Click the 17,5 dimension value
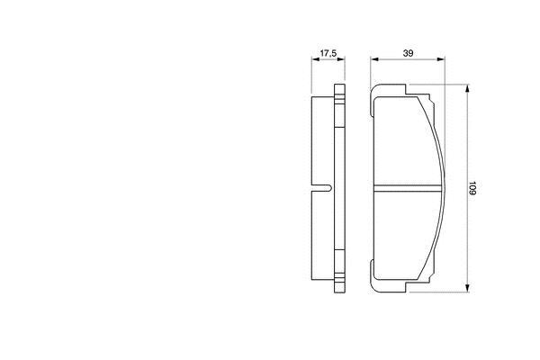(x=328, y=53)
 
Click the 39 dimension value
(x=408, y=53)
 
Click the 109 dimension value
(x=472, y=188)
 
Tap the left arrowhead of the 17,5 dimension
(x=316, y=59)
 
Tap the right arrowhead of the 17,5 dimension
(x=341, y=59)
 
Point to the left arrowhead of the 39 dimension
(x=374, y=59)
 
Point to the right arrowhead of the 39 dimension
(x=440, y=59)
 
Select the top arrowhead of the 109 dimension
(x=467, y=88)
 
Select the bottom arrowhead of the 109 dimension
(x=467, y=288)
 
